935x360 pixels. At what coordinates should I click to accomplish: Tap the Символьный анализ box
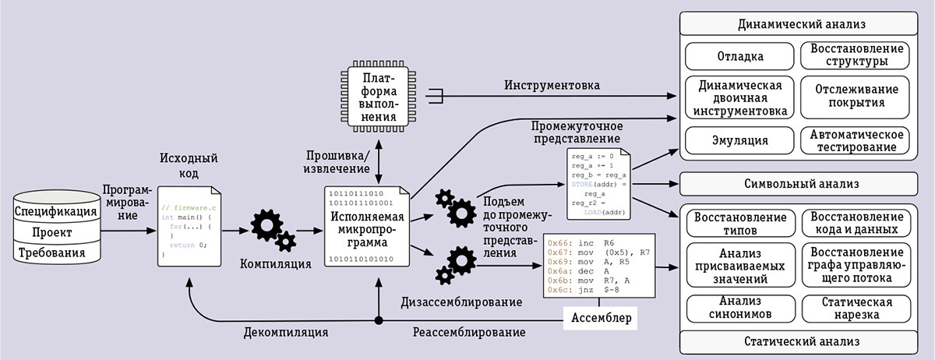click(x=807, y=185)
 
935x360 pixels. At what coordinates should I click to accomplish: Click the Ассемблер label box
click(x=602, y=318)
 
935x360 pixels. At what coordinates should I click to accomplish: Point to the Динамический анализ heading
click(x=807, y=24)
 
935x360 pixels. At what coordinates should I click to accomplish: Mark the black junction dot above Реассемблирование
click(x=379, y=320)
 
